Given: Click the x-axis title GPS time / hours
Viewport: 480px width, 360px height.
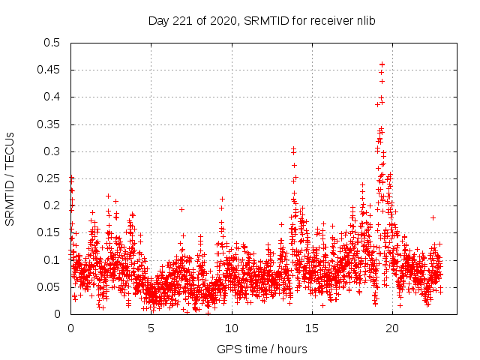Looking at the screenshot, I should pos(262,349).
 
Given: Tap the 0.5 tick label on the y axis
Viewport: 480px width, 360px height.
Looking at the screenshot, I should pos(51,43).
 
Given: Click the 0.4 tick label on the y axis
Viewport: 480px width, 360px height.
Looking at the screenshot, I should pos(51,97).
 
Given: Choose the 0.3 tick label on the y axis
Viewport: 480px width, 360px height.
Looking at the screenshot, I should pos(51,151).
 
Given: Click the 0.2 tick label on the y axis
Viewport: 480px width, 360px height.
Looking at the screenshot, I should pos(51,205).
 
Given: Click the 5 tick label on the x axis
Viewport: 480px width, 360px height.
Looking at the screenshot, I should pos(151,328).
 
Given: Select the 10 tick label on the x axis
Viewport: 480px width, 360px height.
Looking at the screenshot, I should pos(231,328).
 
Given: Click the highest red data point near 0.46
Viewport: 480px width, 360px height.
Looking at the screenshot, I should pos(382,64).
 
